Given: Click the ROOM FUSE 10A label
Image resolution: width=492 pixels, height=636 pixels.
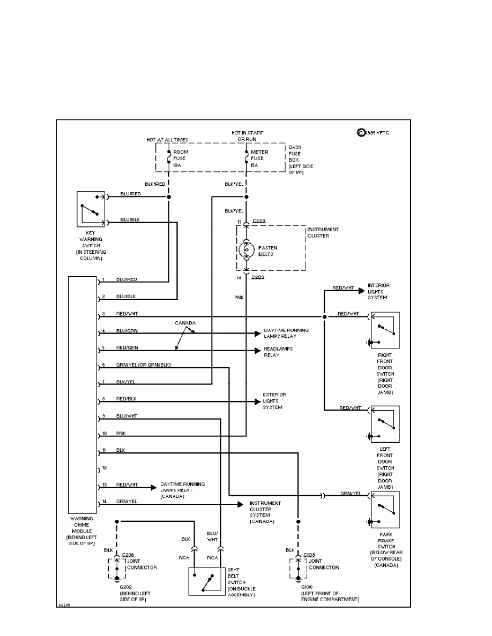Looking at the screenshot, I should pyautogui.click(x=181, y=158).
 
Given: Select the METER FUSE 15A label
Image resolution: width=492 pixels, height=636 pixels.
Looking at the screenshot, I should pyautogui.click(x=259, y=158).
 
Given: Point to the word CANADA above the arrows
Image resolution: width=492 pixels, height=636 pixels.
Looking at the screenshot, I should pyautogui.click(x=185, y=323).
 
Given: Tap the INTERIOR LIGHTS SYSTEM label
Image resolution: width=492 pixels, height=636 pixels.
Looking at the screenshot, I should pyautogui.click(x=378, y=291).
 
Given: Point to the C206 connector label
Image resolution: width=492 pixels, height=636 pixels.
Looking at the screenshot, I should pyautogui.click(x=128, y=555).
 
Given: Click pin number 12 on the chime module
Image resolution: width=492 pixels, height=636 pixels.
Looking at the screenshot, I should pyautogui.click(x=104, y=467).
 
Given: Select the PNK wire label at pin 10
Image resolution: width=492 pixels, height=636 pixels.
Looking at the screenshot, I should pyautogui.click(x=121, y=433).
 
